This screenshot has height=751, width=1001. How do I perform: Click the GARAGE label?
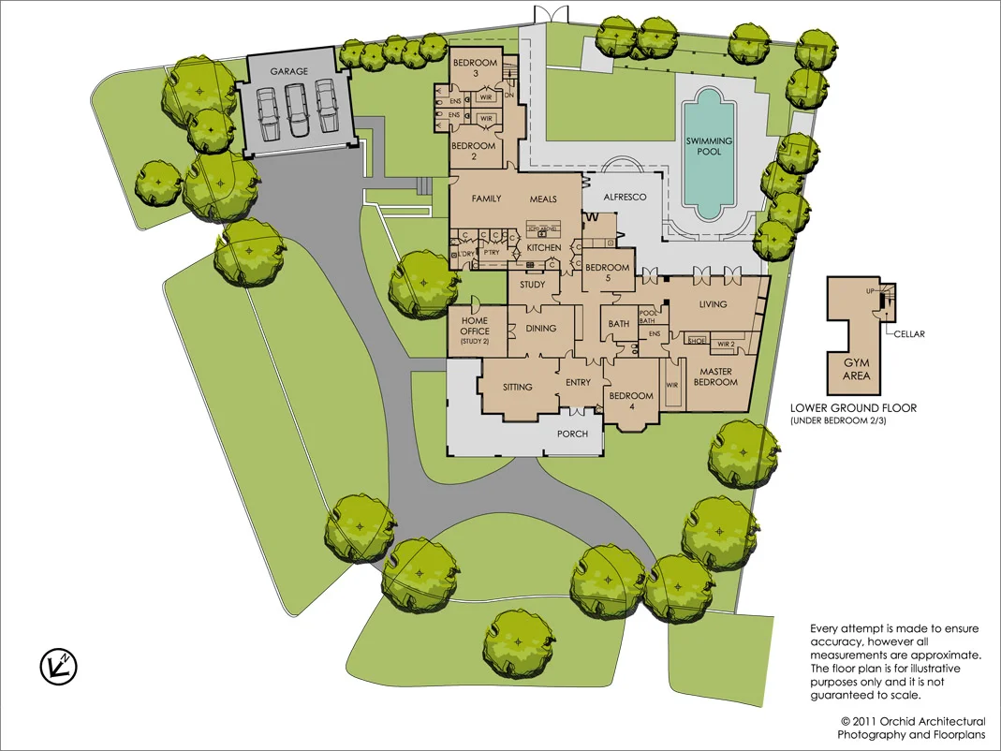tap(289, 71)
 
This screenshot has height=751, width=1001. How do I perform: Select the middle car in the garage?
tap(296, 109)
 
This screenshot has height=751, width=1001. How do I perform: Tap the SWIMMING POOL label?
tap(709, 146)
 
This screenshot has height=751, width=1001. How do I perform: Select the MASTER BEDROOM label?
tap(714, 377)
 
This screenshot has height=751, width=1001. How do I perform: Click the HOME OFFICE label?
tap(476, 327)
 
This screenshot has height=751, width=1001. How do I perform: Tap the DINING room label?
tap(541, 329)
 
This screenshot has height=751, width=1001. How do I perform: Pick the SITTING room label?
tap(518, 387)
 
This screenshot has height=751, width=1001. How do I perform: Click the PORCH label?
tap(572, 434)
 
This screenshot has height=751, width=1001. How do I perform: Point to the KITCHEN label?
tap(543, 248)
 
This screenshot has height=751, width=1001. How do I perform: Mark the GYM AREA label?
tap(857, 370)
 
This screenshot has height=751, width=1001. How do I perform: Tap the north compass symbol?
tap(58, 666)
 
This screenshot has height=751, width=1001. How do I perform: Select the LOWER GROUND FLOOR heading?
tap(852, 408)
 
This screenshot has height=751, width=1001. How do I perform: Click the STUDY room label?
tap(532, 285)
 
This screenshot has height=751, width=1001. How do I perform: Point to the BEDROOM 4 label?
tap(632, 401)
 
